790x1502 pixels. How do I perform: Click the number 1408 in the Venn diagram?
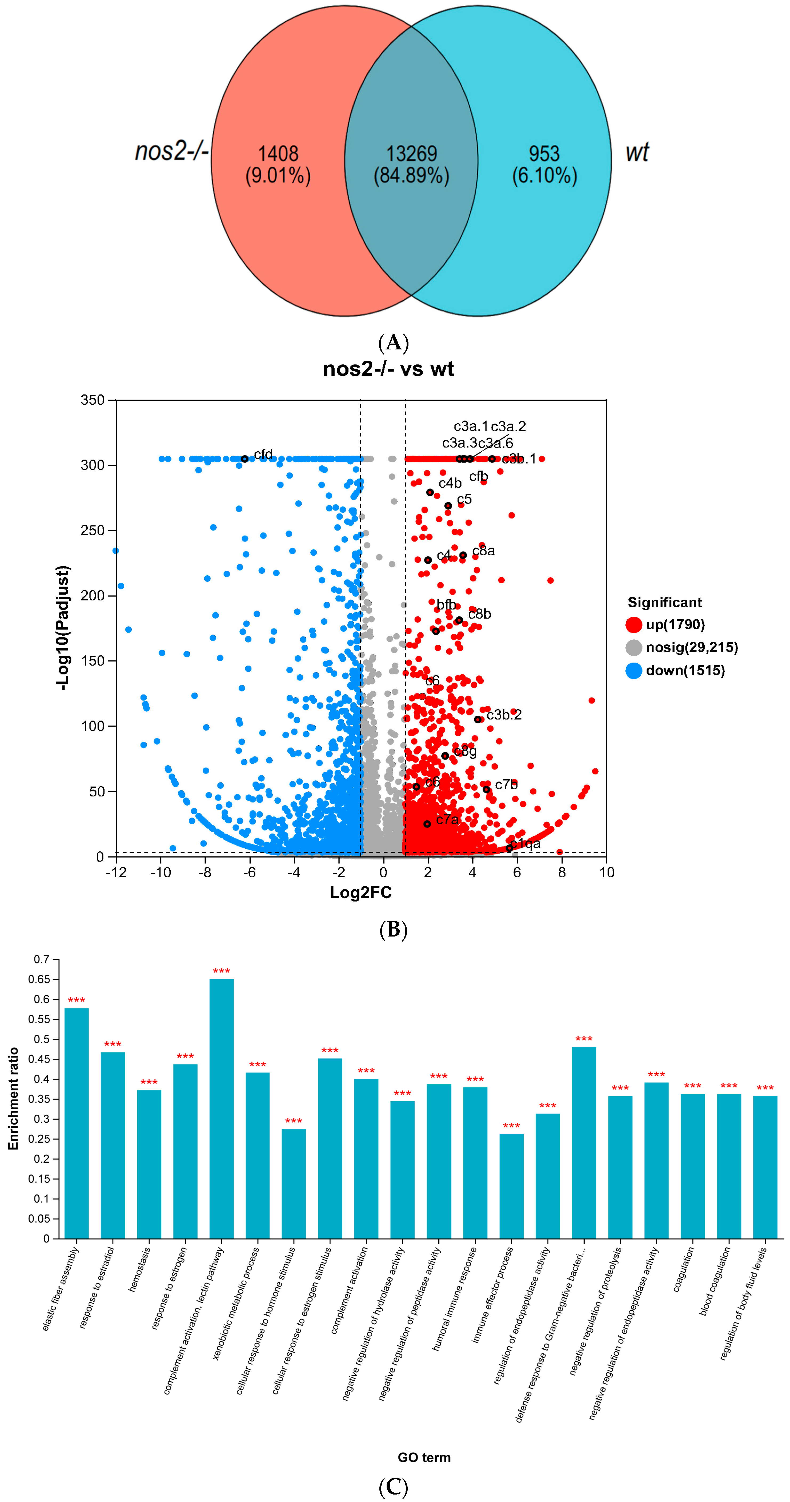(278, 154)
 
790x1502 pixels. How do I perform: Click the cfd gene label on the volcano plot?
(263, 454)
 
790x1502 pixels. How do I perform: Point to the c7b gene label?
(506, 784)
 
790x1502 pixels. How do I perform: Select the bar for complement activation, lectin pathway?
(222, 1108)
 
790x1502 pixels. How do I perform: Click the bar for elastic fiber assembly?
(76, 1122)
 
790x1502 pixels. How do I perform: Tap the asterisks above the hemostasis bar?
(149, 1083)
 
